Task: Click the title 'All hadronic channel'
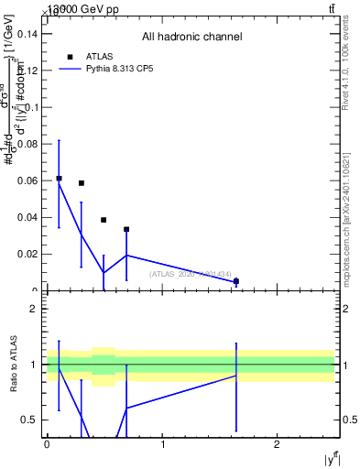click(x=191, y=38)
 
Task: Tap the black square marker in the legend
click(x=70, y=57)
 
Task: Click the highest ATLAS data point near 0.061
click(x=59, y=179)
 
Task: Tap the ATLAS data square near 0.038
click(x=104, y=220)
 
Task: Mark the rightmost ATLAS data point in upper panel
click(x=236, y=281)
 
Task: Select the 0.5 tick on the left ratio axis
click(x=29, y=420)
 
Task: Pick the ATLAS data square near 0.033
click(x=126, y=229)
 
